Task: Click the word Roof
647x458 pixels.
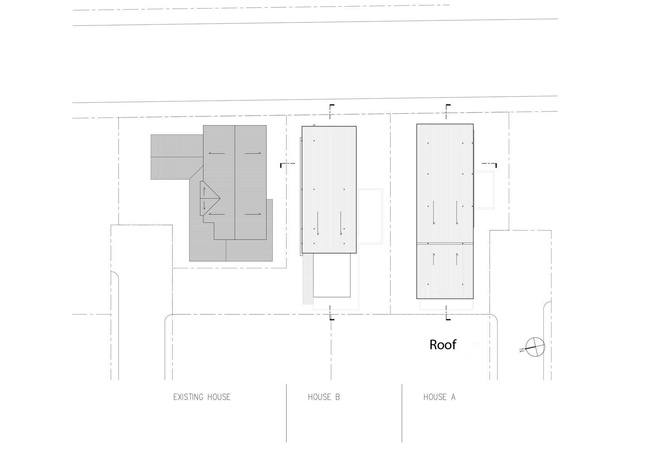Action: tap(443, 345)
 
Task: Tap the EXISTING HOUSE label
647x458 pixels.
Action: tap(202, 397)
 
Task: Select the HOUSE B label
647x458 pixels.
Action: tap(324, 397)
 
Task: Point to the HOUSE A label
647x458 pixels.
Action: tap(439, 397)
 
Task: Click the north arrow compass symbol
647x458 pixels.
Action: tap(535, 347)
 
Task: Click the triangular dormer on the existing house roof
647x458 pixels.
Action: tap(210, 198)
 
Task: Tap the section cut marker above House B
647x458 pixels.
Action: tap(331, 112)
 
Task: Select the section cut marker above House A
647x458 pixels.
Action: tap(447, 112)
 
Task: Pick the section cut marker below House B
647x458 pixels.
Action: tap(331, 313)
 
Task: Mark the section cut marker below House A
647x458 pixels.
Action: tap(447, 313)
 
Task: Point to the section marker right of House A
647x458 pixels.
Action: tap(489, 164)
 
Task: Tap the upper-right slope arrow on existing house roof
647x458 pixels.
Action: tap(253, 153)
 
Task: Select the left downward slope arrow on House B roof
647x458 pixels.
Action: tap(318, 223)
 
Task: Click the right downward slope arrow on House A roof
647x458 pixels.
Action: tap(457, 212)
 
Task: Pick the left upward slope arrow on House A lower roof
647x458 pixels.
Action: tap(434, 259)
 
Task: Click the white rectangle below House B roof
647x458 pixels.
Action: tap(332, 275)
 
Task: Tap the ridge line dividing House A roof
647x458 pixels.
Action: tap(445, 243)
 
